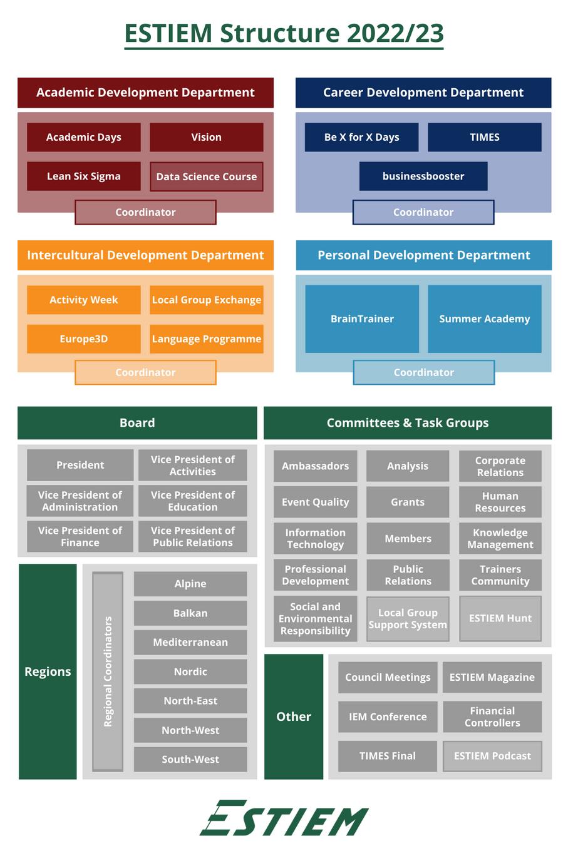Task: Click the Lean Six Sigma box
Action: tap(83, 176)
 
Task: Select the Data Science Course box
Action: tap(206, 176)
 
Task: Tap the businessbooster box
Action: tap(423, 176)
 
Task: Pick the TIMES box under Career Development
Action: tap(484, 137)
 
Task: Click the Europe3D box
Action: tap(83, 339)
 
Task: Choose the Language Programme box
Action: tap(206, 339)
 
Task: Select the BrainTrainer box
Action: tap(362, 318)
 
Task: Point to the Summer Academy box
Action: tap(484, 318)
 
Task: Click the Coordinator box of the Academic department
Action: tap(145, 212)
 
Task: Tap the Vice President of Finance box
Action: tap(80, 536)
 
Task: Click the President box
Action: tap(80, 465)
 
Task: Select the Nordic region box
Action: tap(190, 671)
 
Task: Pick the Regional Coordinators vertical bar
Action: tap(108, 671)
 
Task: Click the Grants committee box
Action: tap(408, 502)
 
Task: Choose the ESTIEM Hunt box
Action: tap(500, 618)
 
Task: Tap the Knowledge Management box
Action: tap(500, 538)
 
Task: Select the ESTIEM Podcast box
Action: tap(492, 756)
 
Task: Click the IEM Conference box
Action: tap(388, 716)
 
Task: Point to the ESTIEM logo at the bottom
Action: tap(284, 818)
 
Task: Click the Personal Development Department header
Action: tap(423, 255)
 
